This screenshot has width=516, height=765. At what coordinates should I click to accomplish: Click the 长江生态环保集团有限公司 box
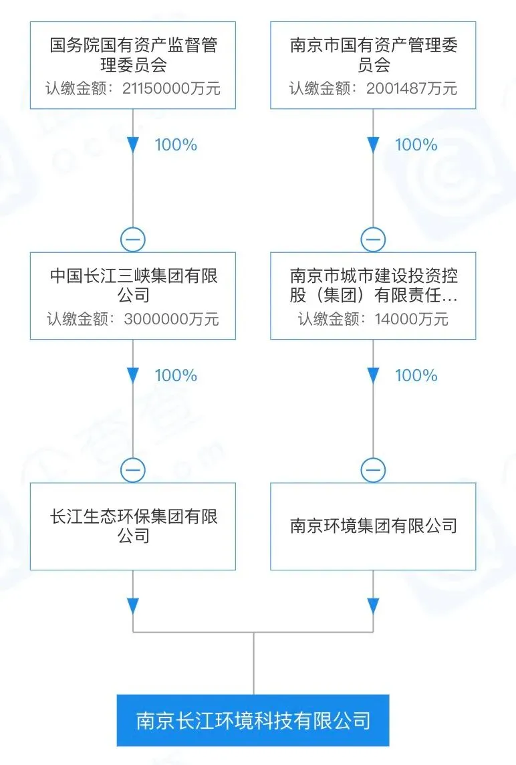[x=133, y=526]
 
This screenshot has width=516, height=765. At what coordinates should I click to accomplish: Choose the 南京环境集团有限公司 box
[x=373, y=526]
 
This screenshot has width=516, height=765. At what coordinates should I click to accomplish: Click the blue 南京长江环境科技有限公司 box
[x=253, y=720]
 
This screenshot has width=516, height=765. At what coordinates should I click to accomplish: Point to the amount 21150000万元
[x=172, y=89]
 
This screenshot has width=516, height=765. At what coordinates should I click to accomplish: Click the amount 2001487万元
[x=412, y=89]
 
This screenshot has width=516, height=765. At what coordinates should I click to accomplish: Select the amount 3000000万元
[x=172, y=319]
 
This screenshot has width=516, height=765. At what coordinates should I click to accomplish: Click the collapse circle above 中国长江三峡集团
[x=133, y=239]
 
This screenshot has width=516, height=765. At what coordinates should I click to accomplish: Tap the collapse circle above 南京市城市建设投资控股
[x=373, y=239]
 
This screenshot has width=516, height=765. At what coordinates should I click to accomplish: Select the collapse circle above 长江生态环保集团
[x=133, y=471]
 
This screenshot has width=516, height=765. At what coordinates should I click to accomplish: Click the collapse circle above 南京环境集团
[x=373, y=471]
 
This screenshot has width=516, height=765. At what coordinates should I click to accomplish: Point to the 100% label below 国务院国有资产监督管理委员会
[x=176, y=145]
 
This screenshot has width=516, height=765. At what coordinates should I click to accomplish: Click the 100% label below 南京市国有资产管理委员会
[x=416, y=145]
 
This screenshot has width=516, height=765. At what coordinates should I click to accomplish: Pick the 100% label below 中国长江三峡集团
[x=176, y=376]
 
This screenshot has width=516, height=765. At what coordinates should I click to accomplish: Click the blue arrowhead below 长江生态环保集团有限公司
[x=133, y=606]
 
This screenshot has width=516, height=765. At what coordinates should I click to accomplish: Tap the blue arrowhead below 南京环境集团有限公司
[x=373, y=606]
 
